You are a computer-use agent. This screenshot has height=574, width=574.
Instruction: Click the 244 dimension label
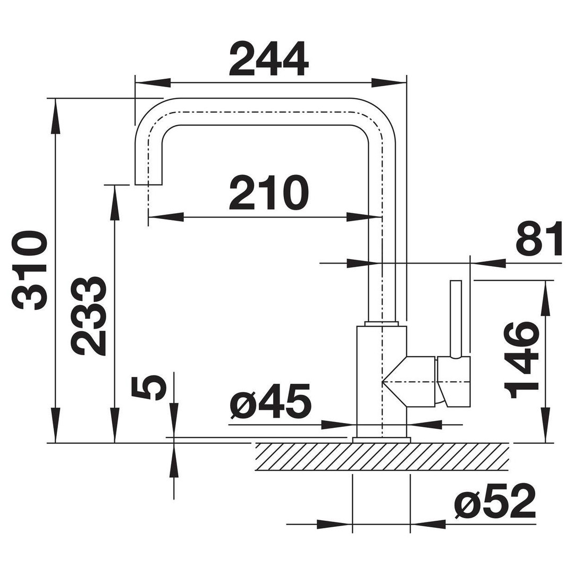(269, 58)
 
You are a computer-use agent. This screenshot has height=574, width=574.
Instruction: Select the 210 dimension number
(269, 193)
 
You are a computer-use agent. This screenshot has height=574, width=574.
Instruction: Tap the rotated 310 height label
(30, 270)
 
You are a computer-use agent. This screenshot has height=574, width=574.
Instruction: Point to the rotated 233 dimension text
(89, 316)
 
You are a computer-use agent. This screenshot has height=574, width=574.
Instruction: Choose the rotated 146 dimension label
(522, 360)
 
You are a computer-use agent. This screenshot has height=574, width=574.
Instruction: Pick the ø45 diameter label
(271, 402)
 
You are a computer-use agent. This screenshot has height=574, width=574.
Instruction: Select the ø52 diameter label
(495, 501)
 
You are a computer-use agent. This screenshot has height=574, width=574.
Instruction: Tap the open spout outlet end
(148, 184)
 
